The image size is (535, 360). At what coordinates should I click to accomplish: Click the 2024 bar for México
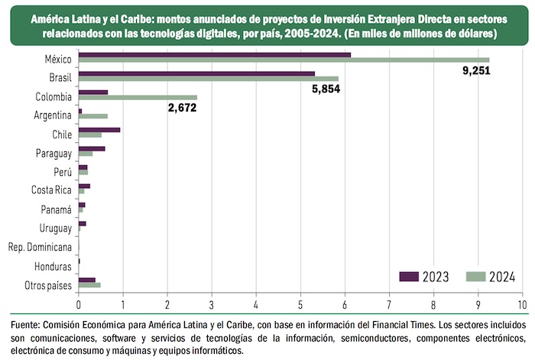pyautogui.click(x=283, y=60)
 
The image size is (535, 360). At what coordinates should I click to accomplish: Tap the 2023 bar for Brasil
pyautogui.click(x=196, y=73)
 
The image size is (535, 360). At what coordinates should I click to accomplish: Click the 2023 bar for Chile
pyautogui.click(x=99, y=129)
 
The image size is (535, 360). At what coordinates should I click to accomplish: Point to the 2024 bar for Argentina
pyautogui.click(x=93, y=117)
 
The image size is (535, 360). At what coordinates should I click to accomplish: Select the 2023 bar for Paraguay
pyautogui.click(x=92, y=148)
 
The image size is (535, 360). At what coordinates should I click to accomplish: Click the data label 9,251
pyautogui.click(x=475, y=71)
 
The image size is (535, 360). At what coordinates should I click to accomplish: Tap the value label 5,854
pyautogui.click(x=325, y=89)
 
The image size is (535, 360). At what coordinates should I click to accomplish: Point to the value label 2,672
pyautogui.click(x=182, y=109)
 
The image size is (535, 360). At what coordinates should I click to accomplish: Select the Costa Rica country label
pyautogui.click(x=51, y=190)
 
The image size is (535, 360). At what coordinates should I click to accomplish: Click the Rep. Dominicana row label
pyautogui.click(x=40, y=247)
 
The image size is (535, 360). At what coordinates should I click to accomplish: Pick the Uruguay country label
pyautogui.click(x=56, y=228)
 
